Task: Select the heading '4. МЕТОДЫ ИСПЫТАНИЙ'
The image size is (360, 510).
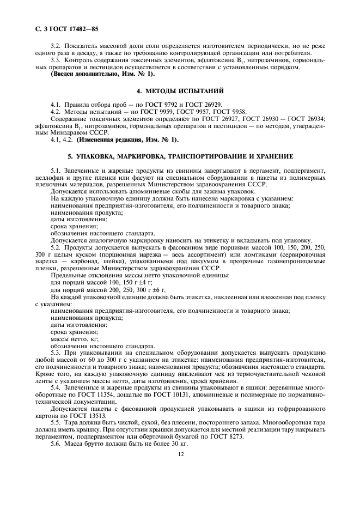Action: click(180, 90)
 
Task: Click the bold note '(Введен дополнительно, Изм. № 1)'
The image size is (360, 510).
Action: click(102, 74)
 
